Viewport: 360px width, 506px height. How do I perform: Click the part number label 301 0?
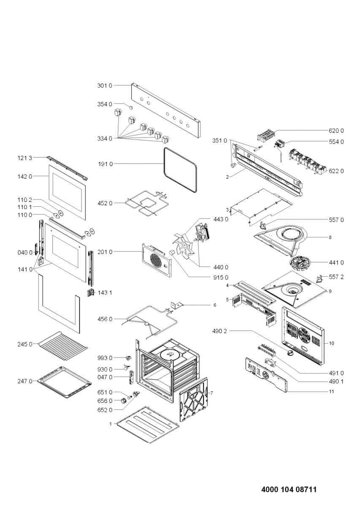[x=105, y=86]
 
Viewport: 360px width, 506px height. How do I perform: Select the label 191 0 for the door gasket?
[x=105, y=163]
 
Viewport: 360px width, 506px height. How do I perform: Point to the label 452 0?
[x=105, y=203]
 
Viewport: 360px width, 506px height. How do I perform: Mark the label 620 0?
[x=336, y=131]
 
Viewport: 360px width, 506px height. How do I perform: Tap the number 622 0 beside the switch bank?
[x=336, y=171]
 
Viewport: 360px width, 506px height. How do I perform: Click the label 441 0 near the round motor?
[x=336, y=262]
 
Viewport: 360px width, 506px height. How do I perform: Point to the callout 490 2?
[x=221, y=331]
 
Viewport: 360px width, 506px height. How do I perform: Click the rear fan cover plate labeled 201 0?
[x=156, y=261]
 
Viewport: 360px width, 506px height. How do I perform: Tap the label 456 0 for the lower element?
[x=105, y=319]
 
